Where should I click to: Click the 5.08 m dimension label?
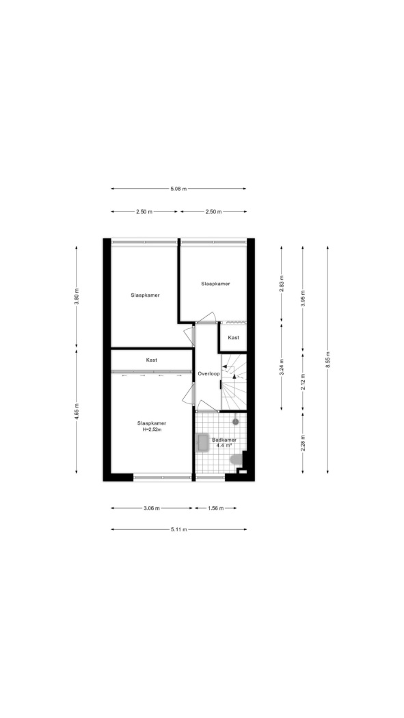[178, 188]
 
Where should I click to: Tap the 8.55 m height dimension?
[327, 360]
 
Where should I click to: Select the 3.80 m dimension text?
[77, 297]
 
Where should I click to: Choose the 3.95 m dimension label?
[302, 298]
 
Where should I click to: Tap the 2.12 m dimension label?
[302, 381]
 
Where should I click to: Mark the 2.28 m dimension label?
[302, 442]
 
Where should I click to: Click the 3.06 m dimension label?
[152, 508]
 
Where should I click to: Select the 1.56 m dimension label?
[215, 508]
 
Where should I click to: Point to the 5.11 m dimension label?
[179, 529]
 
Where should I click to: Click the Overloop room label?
[208, 373]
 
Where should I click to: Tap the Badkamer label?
[224, 440]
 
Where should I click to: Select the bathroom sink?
[203, 443]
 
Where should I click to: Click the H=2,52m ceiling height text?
[152, 430]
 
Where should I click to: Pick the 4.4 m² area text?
[224, 445]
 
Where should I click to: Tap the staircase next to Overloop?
[234, 382]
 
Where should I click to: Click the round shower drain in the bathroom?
[236, 421]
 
